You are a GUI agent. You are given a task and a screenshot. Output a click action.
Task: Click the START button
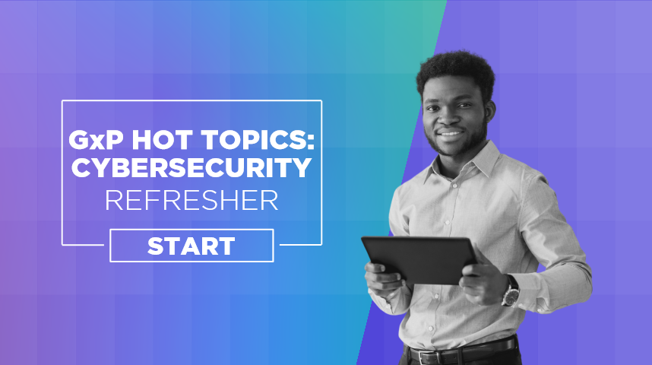point(191,246)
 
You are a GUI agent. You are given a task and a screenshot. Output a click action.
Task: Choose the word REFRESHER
point(191,200)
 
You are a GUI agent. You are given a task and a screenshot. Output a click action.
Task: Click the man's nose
point(447,119)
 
